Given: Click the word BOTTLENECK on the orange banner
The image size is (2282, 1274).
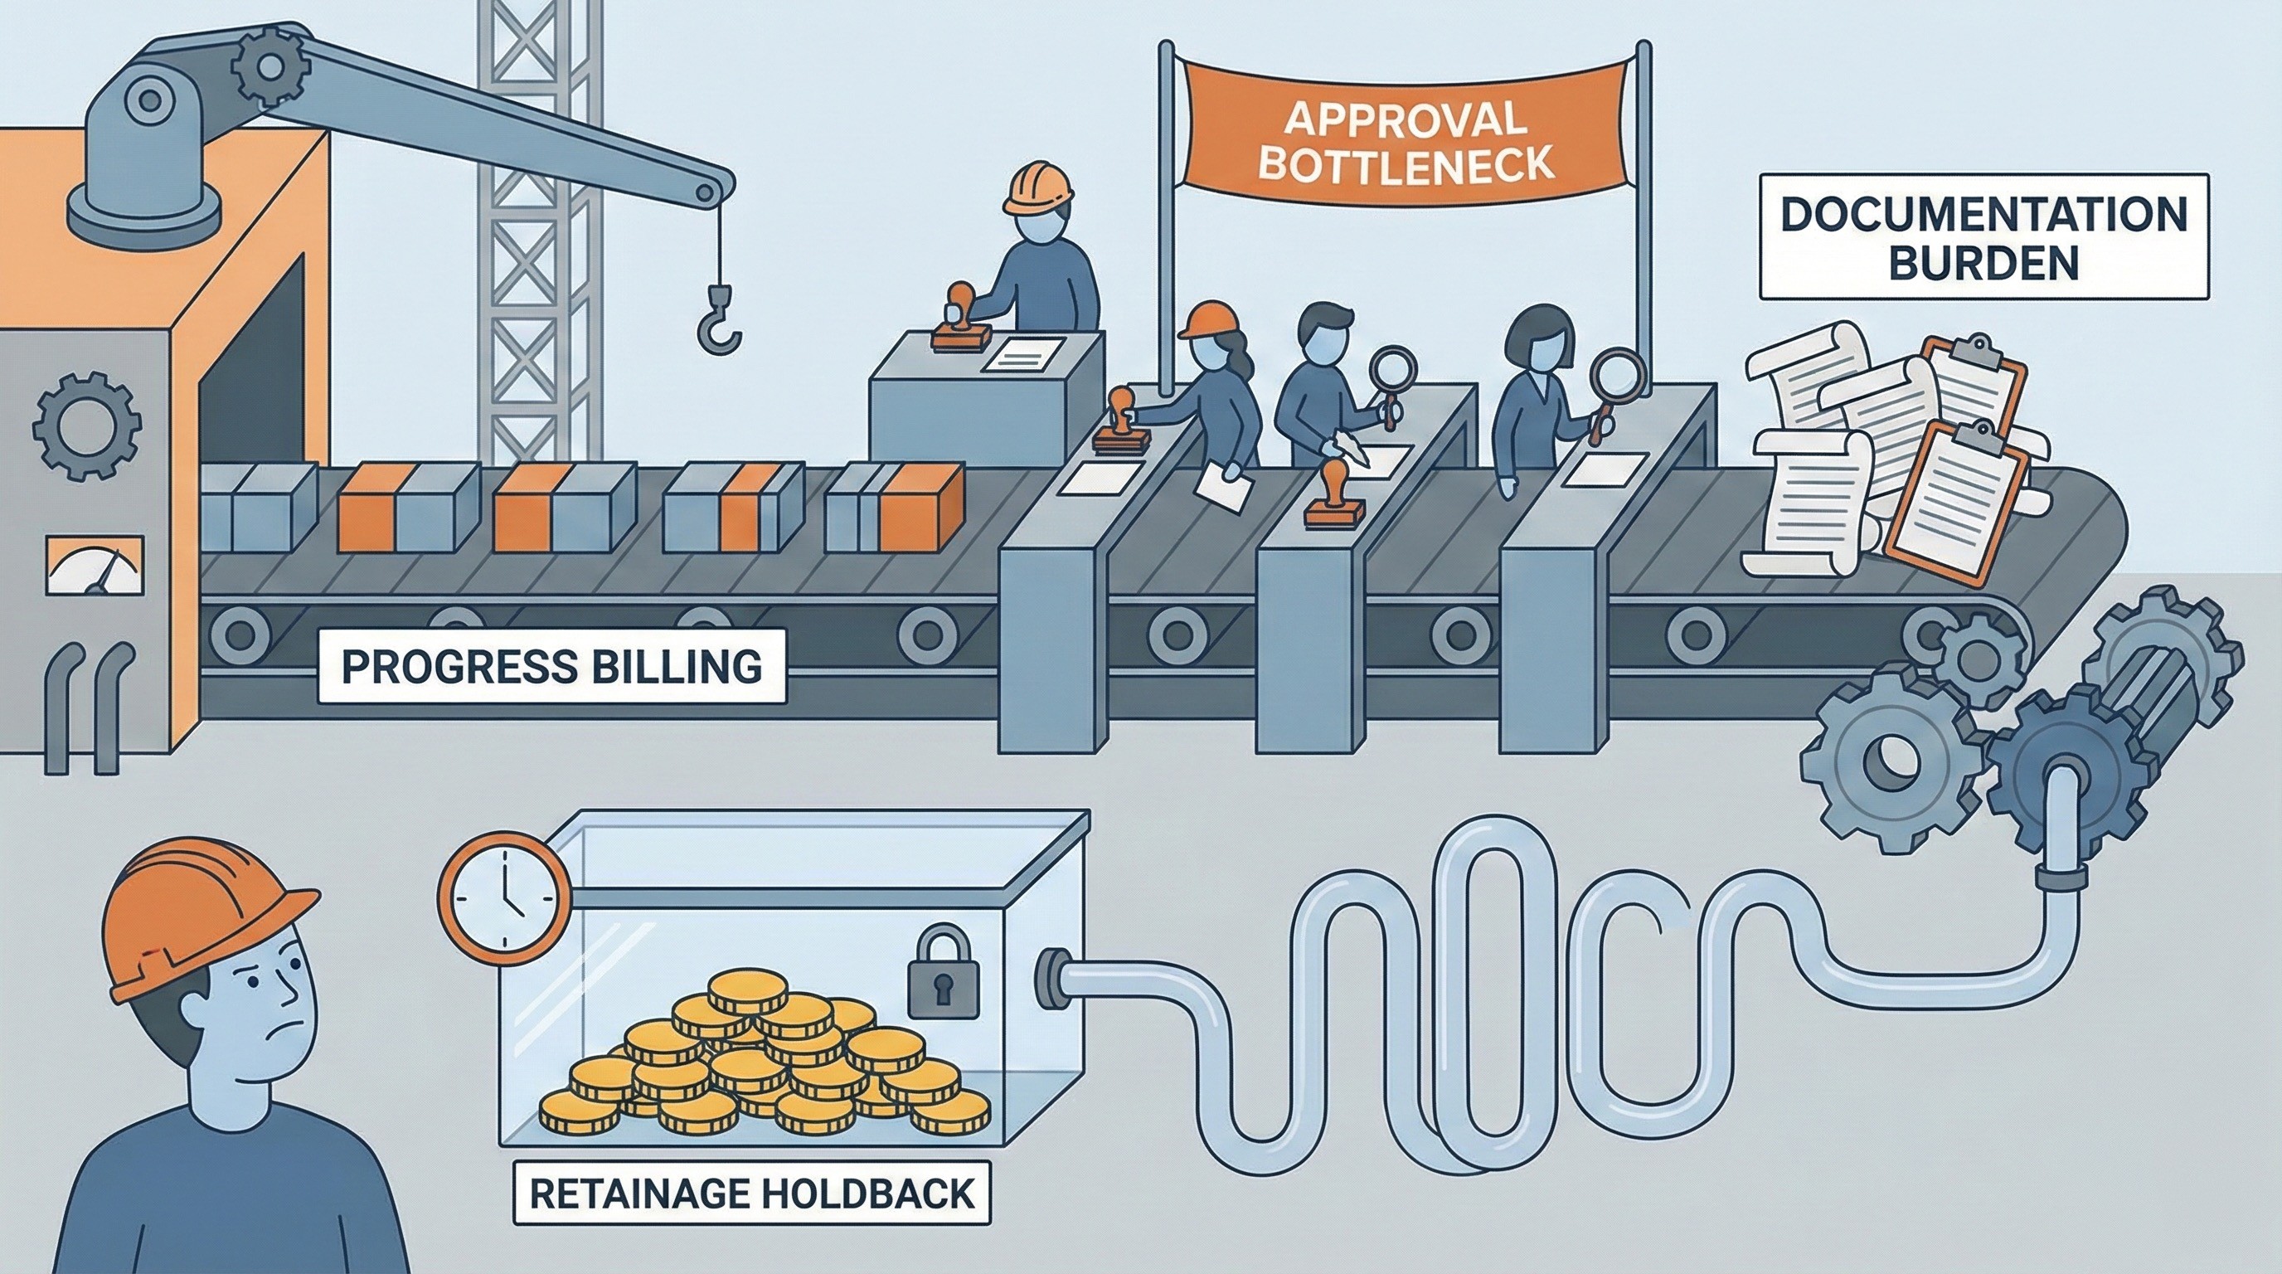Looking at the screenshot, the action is pyautogui.click(x=1406, y=166).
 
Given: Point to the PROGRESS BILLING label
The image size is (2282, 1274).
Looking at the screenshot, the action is pyautogui.click(x=551, y=666).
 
